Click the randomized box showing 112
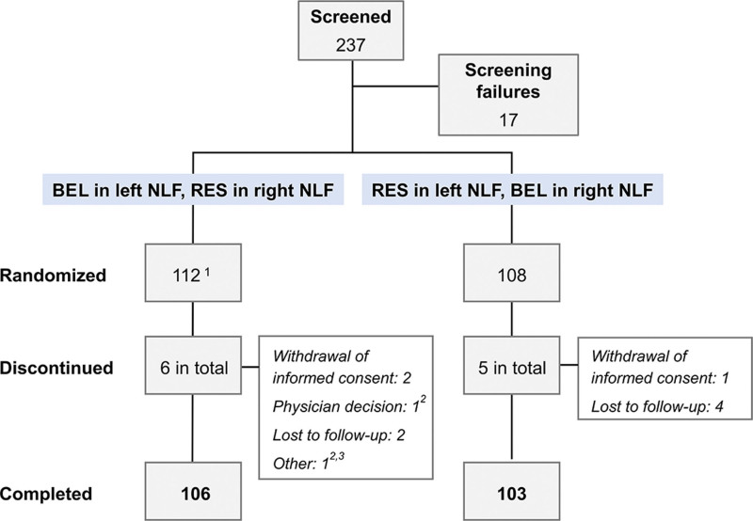pyautogui.click(x=191, y=276)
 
